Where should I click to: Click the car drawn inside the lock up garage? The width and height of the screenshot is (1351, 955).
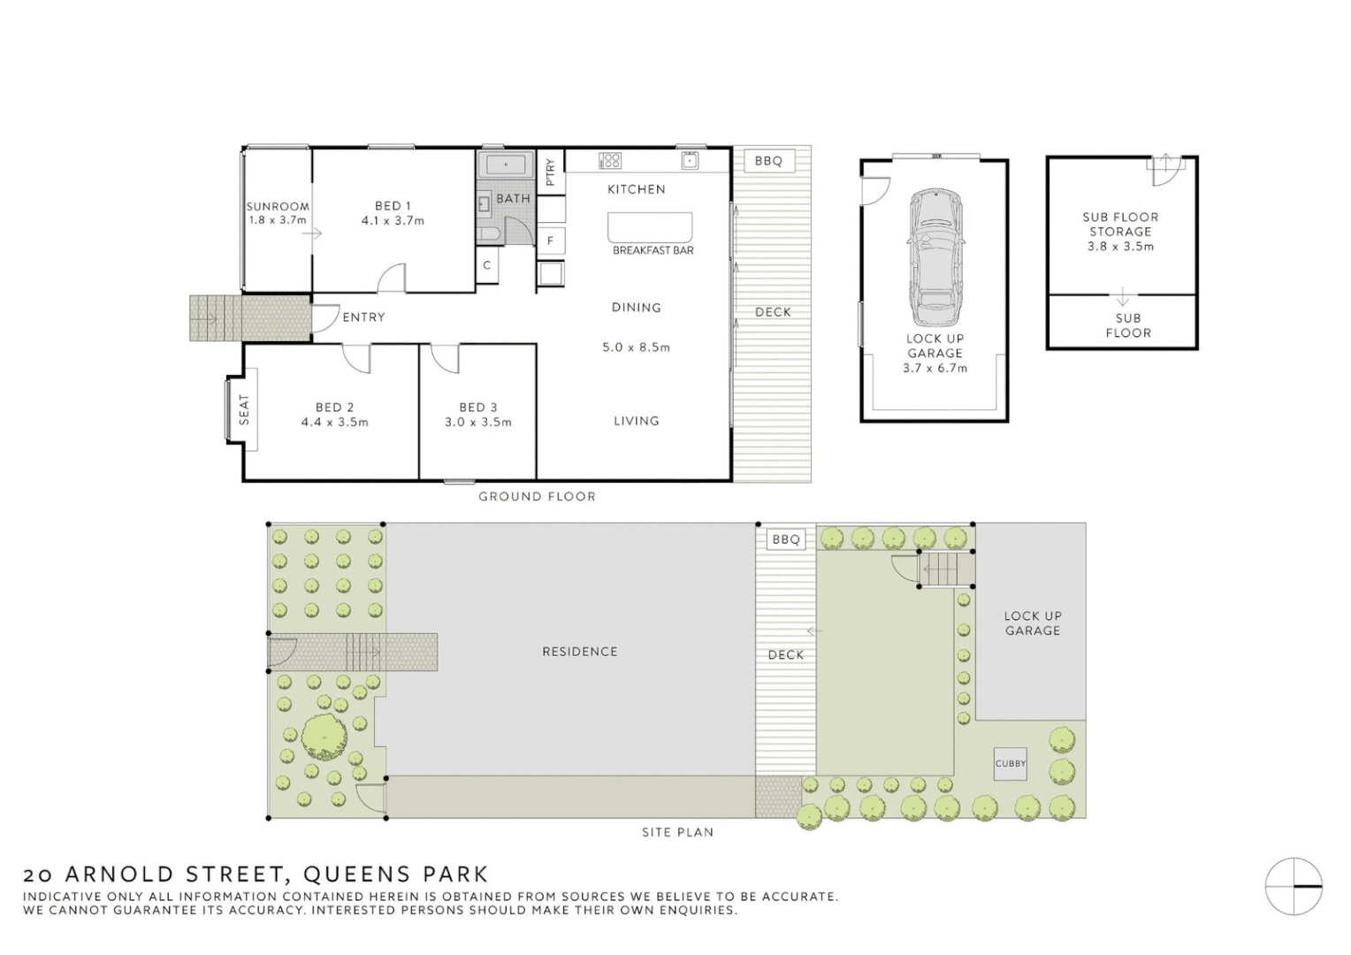935,257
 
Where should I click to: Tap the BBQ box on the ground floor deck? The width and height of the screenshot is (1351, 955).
768,161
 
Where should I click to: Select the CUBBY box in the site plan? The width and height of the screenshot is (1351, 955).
1010,764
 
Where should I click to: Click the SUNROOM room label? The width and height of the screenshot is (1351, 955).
277,207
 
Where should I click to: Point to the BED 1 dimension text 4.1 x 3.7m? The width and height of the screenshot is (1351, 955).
393,221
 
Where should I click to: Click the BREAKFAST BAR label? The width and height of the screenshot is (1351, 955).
653,251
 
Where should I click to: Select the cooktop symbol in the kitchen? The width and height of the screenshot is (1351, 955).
610,161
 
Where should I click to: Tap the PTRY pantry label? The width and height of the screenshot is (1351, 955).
550,171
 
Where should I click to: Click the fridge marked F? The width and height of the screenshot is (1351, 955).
551,241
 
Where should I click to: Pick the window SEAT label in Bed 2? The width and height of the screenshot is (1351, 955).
244,409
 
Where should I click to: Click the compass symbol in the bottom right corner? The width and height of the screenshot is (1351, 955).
1293,886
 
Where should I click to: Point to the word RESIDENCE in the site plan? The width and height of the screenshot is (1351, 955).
579,652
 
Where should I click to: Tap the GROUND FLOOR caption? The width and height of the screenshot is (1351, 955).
537,497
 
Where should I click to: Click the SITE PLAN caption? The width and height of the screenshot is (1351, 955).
677,832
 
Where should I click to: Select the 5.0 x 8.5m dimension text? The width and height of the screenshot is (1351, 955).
636,348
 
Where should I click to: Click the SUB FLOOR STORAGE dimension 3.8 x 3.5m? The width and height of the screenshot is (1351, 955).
1120,247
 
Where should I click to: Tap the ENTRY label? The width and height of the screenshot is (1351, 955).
363,317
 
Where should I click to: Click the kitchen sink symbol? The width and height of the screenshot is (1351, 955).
689,160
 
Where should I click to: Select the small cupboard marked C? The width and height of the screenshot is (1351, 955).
487,265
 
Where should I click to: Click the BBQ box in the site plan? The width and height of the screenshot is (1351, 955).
785,539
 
